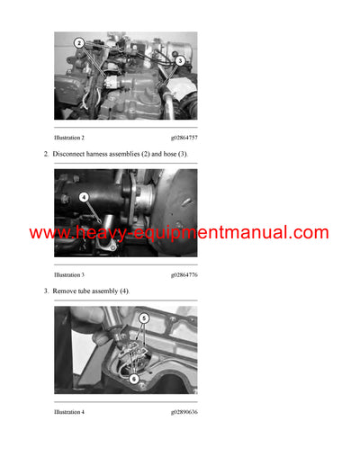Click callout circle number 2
[78, 42]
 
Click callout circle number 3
[179, 60]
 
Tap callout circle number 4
[84, 196]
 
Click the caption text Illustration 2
[69, 137]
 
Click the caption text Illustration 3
[69, 274]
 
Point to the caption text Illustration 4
[69, 412]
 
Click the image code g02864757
[184, 137]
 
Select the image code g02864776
[184, 274]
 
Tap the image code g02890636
[184, 412]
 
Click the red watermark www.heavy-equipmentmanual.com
[179, 233]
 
